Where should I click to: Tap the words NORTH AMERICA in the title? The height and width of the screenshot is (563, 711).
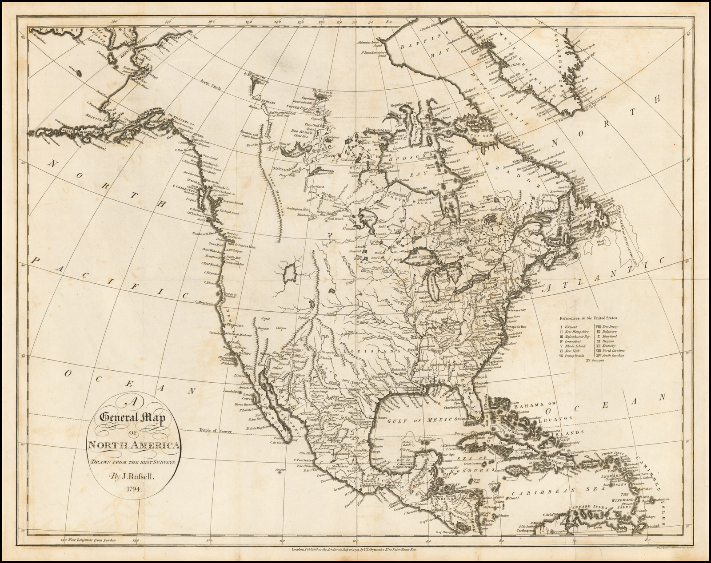pos(134,446)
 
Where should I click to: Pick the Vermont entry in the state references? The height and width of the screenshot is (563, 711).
pos(571,327)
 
